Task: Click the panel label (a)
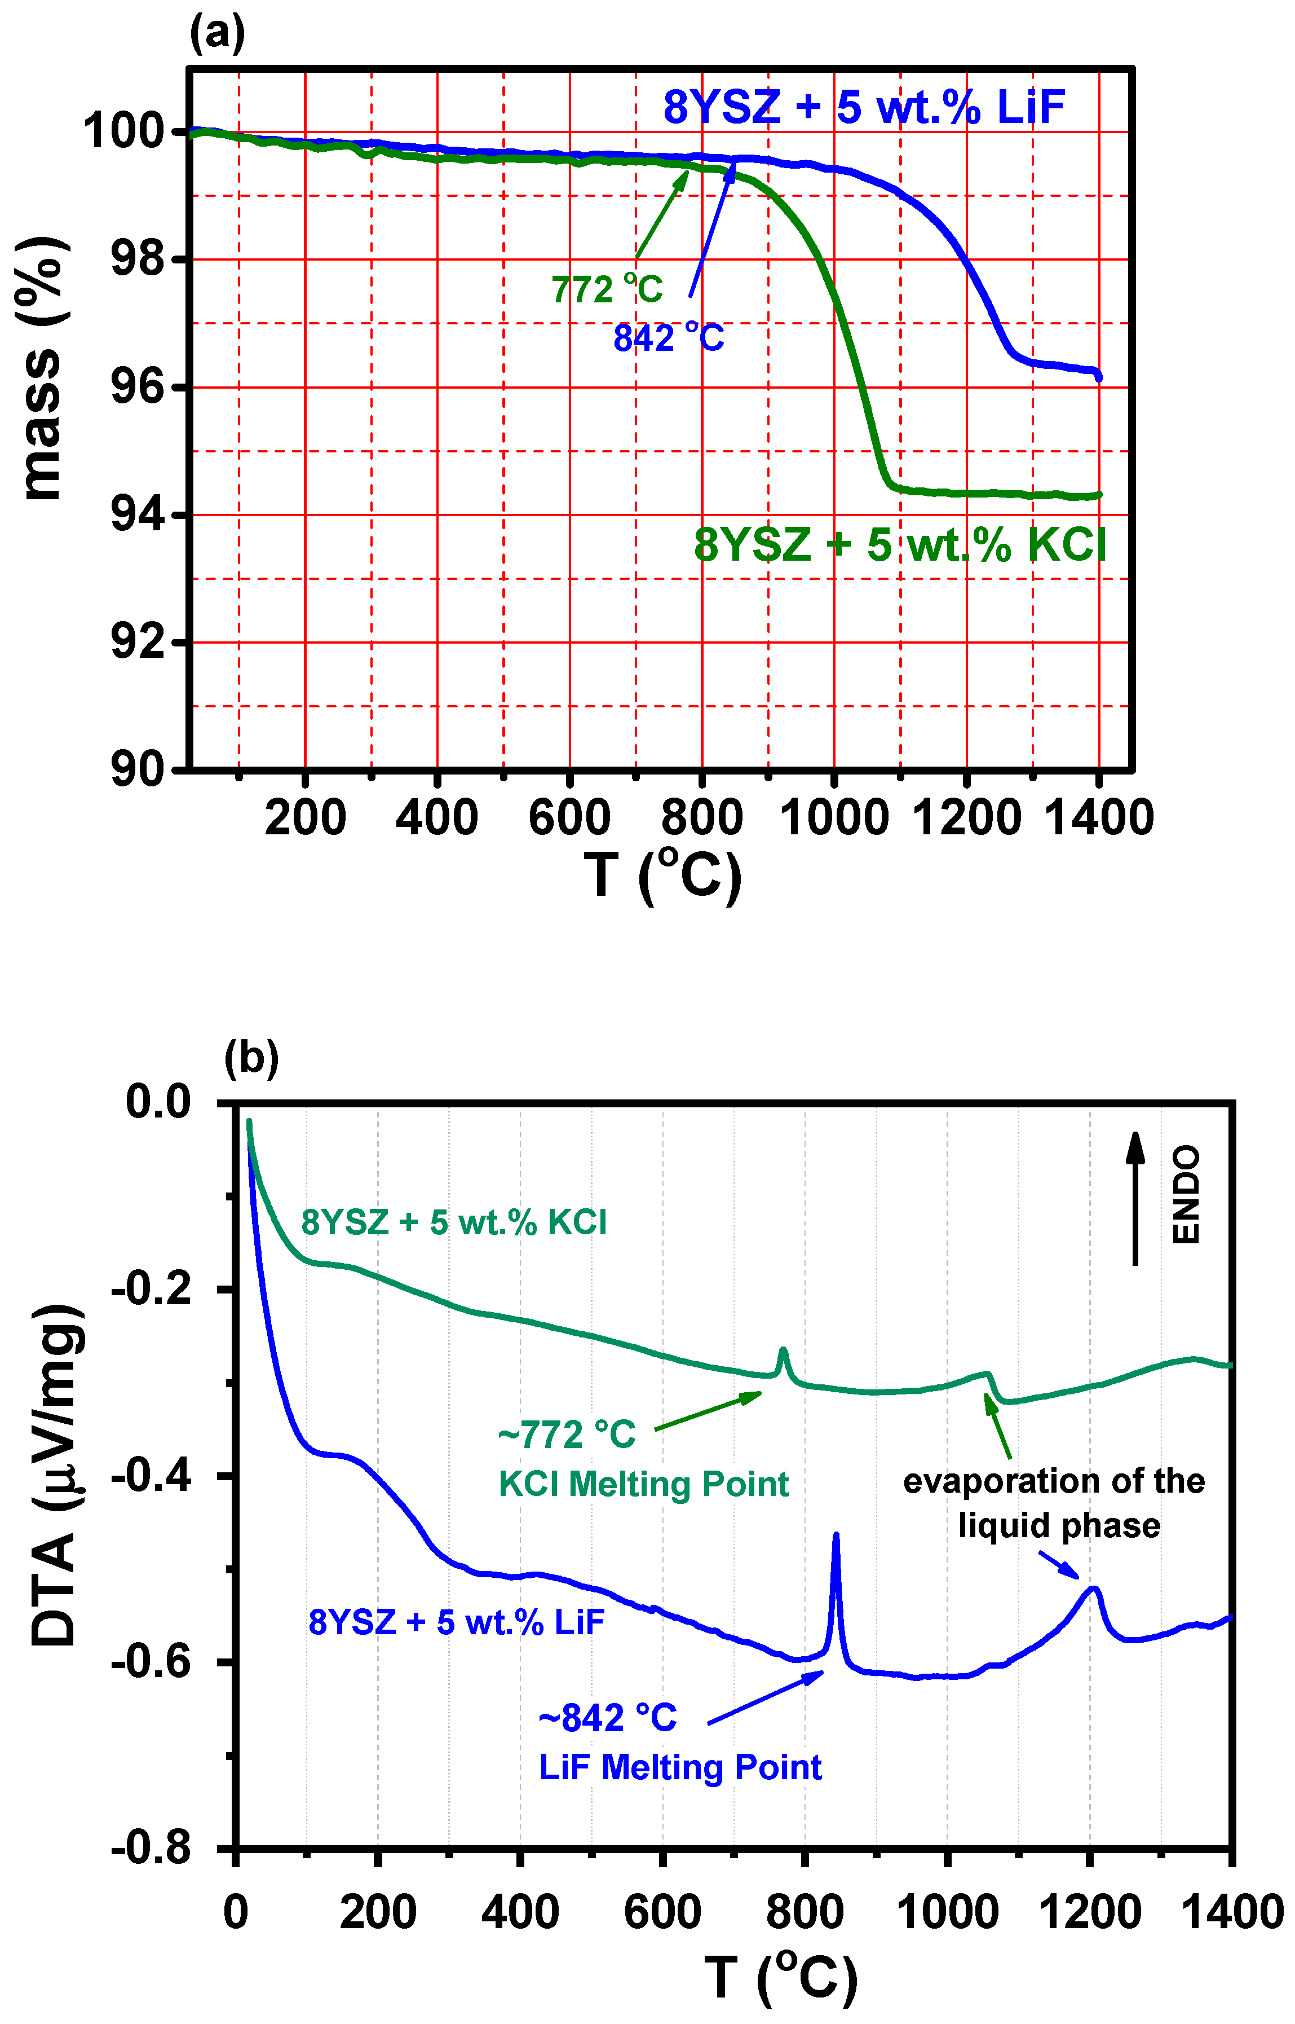click(217, 34)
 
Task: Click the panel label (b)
click(250, 1058)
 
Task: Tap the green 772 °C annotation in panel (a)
click(606, 290)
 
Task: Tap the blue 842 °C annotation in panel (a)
click(668, 338)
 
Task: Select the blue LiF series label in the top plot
click(864, 108)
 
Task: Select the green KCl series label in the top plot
click(900, 544)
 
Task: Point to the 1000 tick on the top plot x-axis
click(833, 818)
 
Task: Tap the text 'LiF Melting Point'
click(679, 1767)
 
